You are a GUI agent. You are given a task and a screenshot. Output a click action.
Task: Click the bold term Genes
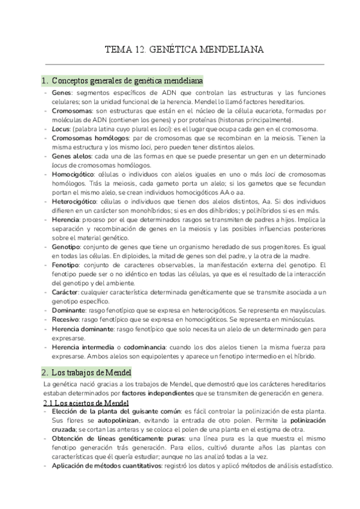62,94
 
